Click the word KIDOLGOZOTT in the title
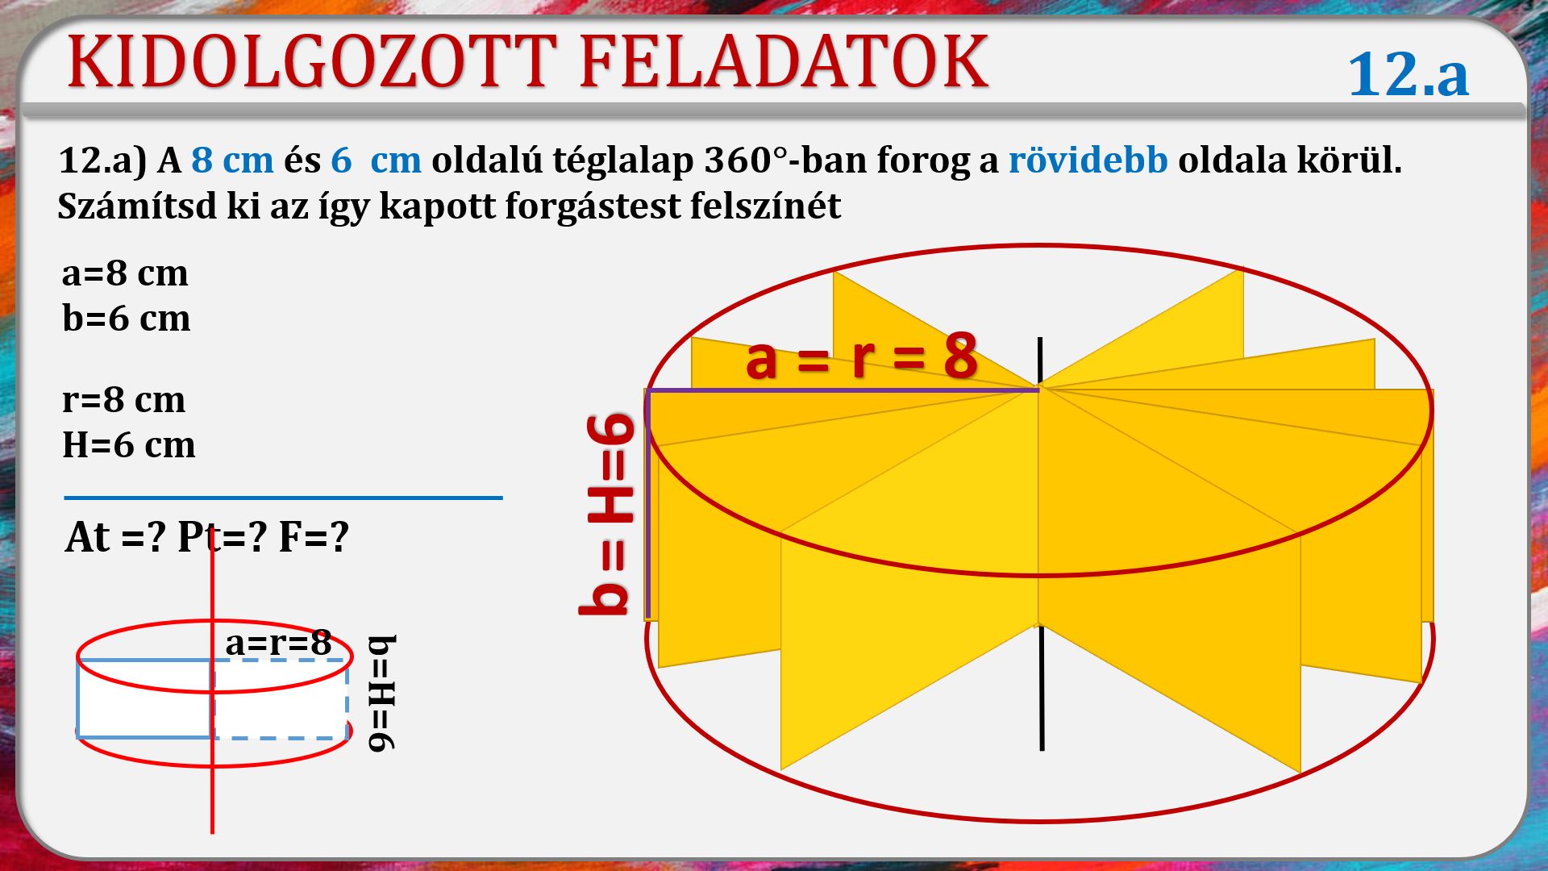pos(312,62)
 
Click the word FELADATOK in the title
pos(784,62)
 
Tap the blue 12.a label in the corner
pos(1408,74)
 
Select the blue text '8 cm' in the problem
pos(232,160)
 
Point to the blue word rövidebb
pos(1088,160)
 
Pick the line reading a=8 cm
pos(125,273)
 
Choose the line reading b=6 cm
pos(126,318)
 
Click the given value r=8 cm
pos(123,400)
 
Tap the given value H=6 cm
pos(129,445)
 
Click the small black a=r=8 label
pos(278,643)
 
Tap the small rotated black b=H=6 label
pos(382,694)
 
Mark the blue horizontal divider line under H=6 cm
pos(283,498)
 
